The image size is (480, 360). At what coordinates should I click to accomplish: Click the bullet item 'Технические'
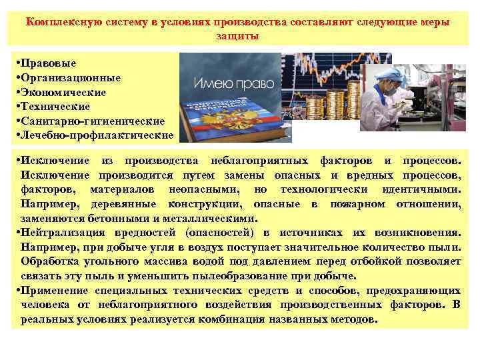55,106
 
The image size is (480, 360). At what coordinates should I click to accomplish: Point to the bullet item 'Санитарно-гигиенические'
92,121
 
